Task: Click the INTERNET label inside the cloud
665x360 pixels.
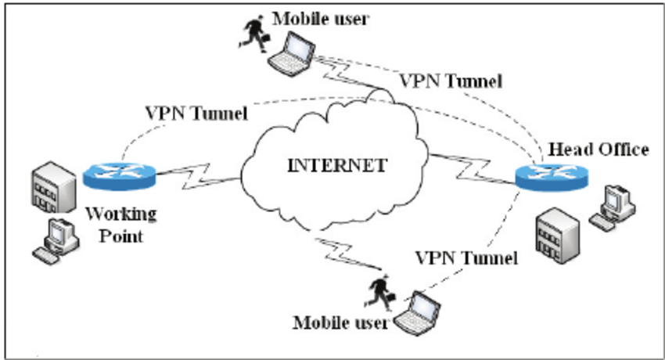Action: (339, 167)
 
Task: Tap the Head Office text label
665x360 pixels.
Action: (599, 149)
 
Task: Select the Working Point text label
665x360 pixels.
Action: (120, 224)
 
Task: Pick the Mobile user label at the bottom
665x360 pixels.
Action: (340, 322)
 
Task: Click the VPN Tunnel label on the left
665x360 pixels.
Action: (196, 112)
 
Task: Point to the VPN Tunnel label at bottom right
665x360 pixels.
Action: (466, 257)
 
